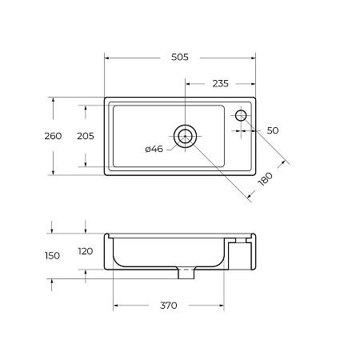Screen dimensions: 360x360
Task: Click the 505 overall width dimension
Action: (180, 57)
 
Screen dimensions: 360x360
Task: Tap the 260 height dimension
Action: (53, 136)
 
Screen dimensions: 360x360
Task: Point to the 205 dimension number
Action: (85, 136)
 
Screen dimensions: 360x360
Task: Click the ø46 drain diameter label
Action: (154, 149)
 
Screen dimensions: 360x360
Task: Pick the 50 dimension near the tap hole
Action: (273, 130)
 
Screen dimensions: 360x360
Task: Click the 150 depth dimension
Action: (53, 255)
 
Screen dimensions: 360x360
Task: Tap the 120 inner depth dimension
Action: (85, 251)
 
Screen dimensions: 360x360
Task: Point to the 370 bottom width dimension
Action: (167, 305)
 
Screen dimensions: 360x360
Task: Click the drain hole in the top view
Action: (186, 136)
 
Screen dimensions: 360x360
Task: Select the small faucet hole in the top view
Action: (241, 116)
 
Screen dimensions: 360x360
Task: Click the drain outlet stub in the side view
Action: (186, 273)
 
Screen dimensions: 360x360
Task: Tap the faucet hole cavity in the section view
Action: (241, 240)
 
